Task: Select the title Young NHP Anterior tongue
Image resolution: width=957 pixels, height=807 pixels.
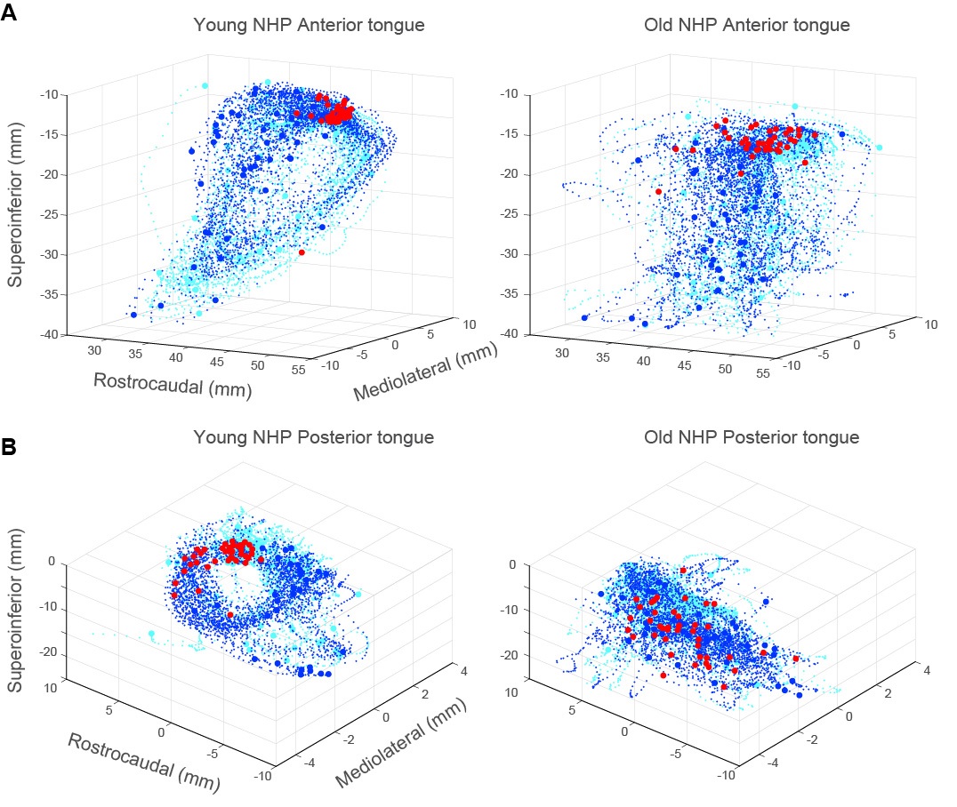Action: [x=309, y=25]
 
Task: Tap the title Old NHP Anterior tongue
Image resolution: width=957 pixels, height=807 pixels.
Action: [x=746, y=25]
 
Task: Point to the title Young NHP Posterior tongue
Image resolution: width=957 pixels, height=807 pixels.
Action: [x=315, y=437]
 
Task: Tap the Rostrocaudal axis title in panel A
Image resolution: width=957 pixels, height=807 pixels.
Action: [x=170, y=381]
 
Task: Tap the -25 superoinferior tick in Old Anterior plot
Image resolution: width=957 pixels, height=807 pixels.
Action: [x=512, y=213]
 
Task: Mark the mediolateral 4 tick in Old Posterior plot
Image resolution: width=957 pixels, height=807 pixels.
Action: [x=926, y=671]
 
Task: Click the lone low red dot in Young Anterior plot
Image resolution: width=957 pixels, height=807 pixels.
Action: [x=302, y=252]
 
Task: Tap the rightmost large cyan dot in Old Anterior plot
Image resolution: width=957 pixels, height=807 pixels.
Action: [x=879, y=148]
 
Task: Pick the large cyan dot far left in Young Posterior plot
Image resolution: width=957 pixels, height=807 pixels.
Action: [x=151, y=634]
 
